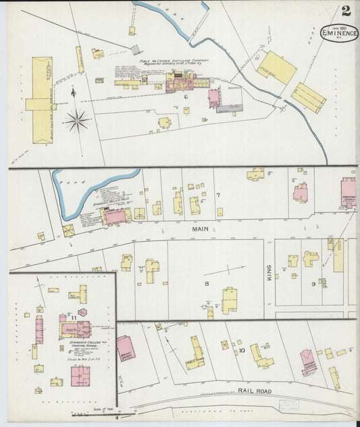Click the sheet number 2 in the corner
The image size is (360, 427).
(346, 11)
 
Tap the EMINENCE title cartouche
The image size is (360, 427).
(339, 32)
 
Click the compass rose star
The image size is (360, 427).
(77, 122)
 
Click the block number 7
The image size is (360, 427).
(218, 196)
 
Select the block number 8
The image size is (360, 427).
(207, 284)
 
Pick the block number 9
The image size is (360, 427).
(313, 284)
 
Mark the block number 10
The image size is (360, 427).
(242, 351)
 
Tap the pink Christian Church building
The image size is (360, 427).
(349, 190)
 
